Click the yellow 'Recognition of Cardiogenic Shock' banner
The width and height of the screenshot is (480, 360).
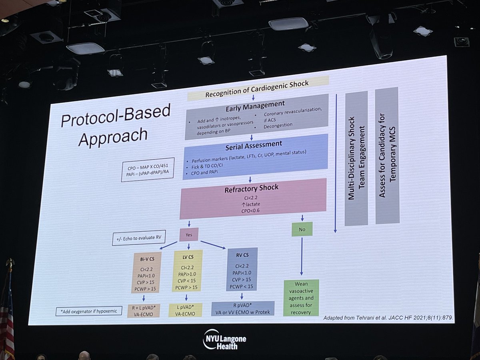pyautogui.click(x=258, y=88)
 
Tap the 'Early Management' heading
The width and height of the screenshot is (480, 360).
pyautogui.click(x=255, y=106)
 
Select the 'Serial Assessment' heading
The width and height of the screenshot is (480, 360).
pyautogui.click(x=254, y=146)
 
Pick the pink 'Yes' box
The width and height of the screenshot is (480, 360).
pyautogui.click(x=189, y=234)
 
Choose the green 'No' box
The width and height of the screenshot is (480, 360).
pyautogui.click(x=302, y=229)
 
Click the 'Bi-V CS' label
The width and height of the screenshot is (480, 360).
pyautogui.click(x=147, y=259)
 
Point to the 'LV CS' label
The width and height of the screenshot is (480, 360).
pyautogui.click(x=188, y=257)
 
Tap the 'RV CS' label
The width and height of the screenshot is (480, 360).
pyautogui.click(x=242, y=255)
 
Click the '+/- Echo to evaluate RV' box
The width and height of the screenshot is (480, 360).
pyautogui.click(x=139, y=238)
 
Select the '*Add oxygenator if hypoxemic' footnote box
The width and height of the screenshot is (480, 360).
pyautogui.click(x=89, y=311)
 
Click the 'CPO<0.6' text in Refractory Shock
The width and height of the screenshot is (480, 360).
pyautogui.click(x=250, y=211)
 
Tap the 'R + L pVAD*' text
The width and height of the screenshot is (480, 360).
pyautogui.click(x=144, y=308)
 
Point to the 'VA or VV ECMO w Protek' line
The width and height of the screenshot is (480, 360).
pyautogui.click(x=242, y=312)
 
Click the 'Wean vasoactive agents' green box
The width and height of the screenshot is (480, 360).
pyautogui.click(x=301, y=298)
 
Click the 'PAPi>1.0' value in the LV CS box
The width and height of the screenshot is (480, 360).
pyautogui.click(x=187, y=274)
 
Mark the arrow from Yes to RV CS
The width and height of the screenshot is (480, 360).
pyautogui.click(x=213, y=245)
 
